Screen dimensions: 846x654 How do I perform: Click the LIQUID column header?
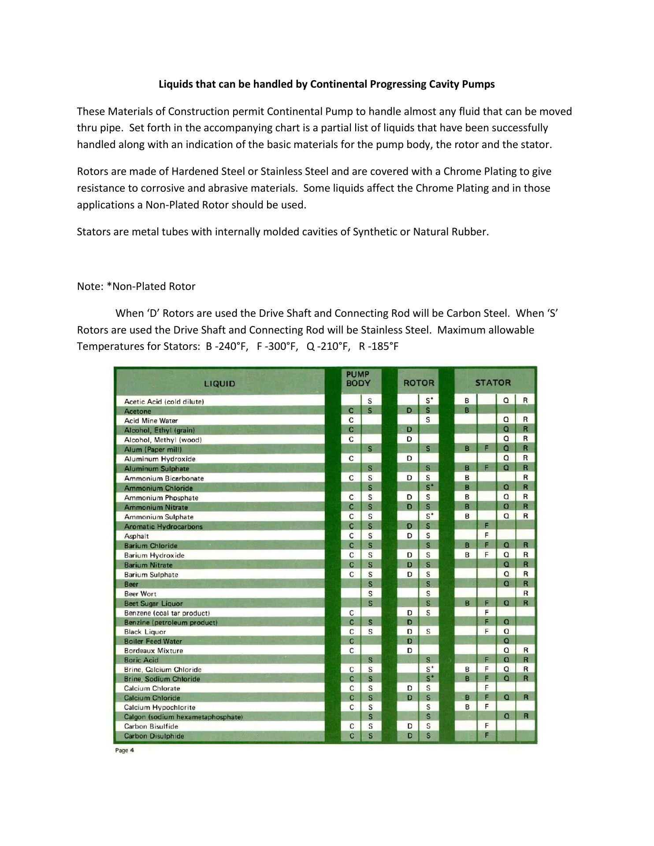point(219,383)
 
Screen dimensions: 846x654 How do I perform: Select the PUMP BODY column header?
point(358,379)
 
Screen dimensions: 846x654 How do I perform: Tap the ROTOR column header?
point(419,383)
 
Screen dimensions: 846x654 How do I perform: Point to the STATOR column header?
point(493,382)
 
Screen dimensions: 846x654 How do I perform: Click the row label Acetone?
point(137,411)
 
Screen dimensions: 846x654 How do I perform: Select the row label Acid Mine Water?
point(151,421)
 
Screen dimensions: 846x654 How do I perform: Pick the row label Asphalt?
point(137,536)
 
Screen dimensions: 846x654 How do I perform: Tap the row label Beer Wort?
point(140,594)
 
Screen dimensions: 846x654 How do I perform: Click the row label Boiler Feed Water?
point(153,642)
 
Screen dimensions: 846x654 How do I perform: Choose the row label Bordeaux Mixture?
point(153,651)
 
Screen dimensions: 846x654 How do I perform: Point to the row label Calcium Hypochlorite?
point(160,708)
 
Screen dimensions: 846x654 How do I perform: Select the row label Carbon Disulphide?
point(154,736)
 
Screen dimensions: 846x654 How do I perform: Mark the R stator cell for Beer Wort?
point(526,594)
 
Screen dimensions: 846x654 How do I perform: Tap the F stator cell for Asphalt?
point(487,536)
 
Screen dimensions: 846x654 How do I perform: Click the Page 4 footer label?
point(124,750)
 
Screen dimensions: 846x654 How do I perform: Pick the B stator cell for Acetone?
point(467,411)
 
